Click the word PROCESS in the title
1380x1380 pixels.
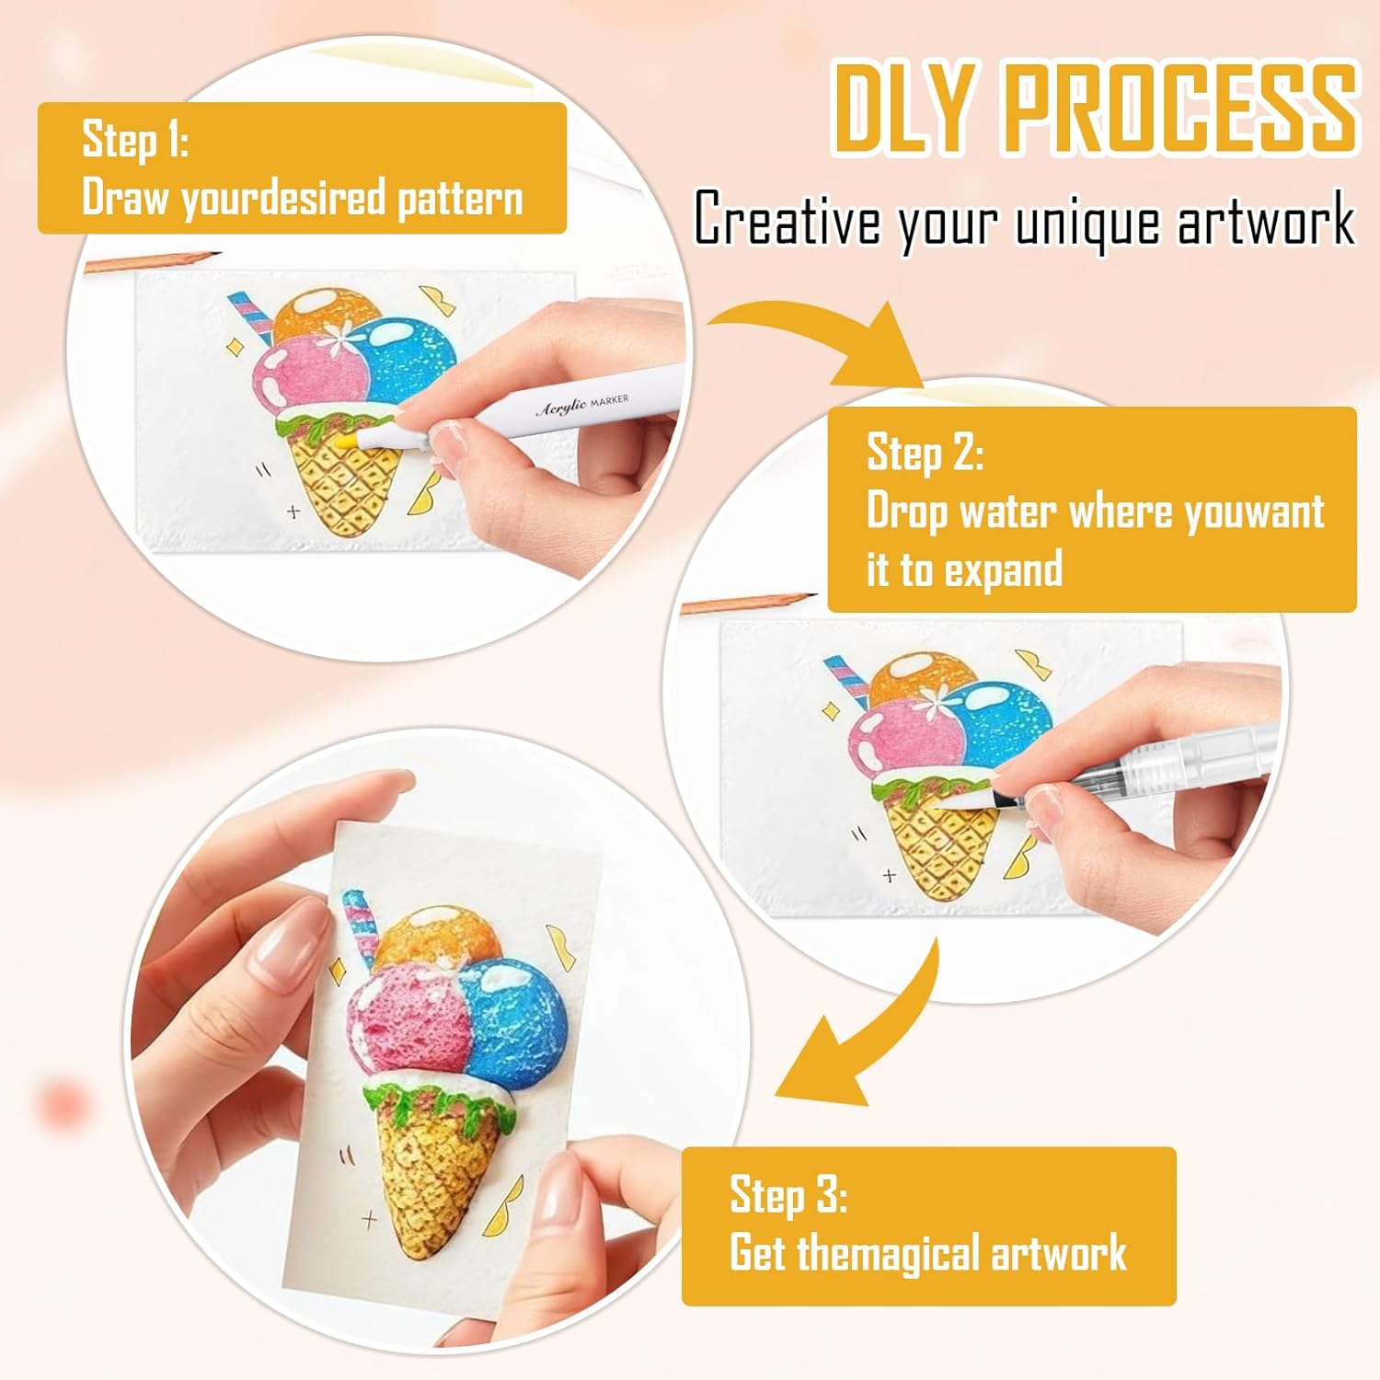(1180, 108)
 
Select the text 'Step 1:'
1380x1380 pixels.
(135, 139)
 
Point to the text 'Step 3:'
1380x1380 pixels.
(788, 1194)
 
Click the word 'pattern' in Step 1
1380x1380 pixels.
(460, 199)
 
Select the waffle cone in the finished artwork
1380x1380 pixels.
(432, 1168)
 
